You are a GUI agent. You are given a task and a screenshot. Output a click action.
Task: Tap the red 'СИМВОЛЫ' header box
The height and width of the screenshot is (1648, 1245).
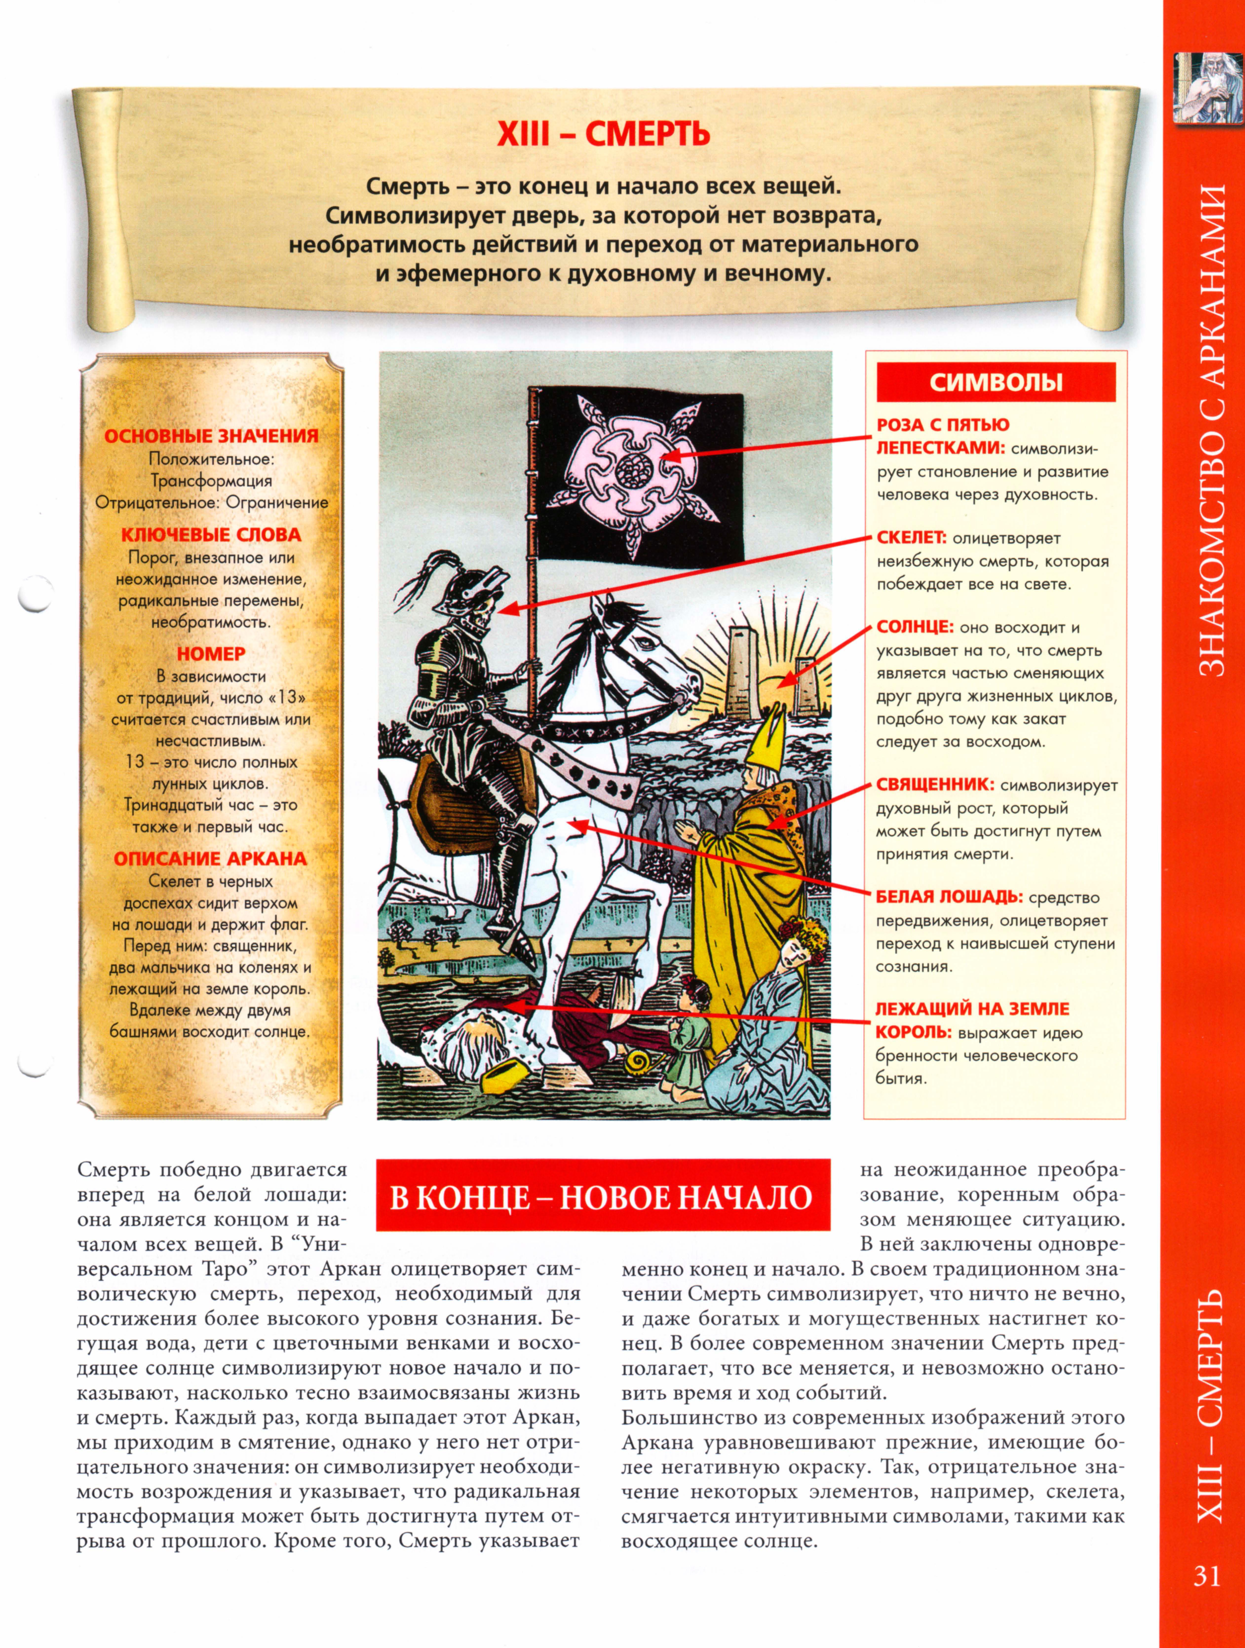coord(996,382)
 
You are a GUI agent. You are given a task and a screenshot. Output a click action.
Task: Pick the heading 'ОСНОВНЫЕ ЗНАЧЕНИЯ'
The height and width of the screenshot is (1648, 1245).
coord(211,436)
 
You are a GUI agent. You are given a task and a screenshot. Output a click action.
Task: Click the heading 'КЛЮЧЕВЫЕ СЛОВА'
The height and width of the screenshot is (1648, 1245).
coord(211,535)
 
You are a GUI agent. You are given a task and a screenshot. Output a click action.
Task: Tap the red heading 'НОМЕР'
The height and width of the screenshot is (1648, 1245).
coord(211,653)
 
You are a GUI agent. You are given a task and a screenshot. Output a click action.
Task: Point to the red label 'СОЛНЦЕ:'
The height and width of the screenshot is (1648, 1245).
coord(915,627)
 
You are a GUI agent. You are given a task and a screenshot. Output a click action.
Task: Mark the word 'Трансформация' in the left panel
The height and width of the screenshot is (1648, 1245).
coord(211,481)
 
